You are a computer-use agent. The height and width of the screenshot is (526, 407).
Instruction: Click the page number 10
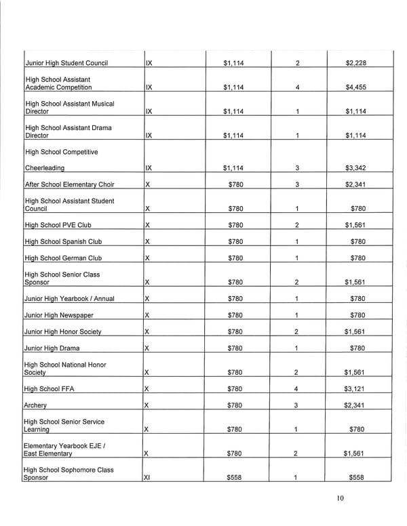tap(341, 500)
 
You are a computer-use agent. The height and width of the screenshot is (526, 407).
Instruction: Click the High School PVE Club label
tap(58, 225)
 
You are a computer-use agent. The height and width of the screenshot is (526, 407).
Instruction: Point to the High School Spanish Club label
tap(63, 241)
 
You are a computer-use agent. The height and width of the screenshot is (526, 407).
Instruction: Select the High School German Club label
tap(63, 258)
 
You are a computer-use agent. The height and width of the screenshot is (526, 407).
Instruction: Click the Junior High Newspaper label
tap(59, 315)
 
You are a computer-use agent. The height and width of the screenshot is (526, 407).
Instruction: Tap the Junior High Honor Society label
tap(63, 331)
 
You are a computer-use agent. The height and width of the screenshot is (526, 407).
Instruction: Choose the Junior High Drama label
tap(52, 348)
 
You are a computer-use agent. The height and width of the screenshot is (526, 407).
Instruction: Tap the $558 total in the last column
tap(357, 477)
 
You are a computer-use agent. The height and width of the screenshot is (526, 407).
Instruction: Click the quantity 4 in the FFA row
tap(298, 389)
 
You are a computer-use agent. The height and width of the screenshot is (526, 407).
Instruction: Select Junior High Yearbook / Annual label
tap(70, 299)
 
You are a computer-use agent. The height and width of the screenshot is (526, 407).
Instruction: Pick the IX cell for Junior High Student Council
tap(149, 64)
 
